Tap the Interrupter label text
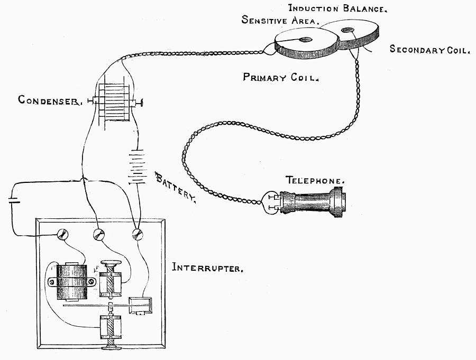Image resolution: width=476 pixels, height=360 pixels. tap(207, 268)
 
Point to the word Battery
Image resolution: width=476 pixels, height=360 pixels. tap(176, 187)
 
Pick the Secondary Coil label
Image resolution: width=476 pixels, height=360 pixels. tap(429, 50)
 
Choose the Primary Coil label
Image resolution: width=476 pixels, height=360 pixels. tap(280, 77)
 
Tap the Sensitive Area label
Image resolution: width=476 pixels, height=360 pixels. tap(280, 20)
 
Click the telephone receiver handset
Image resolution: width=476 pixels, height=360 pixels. tap(312, 201)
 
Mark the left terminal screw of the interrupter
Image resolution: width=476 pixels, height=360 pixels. tap(62, 234)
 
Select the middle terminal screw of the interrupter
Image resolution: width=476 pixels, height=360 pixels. tap(99, 235)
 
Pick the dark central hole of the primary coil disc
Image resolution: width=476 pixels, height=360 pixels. tap(306, 39)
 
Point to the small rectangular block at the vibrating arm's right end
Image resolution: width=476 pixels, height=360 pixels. tap(141, 304)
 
